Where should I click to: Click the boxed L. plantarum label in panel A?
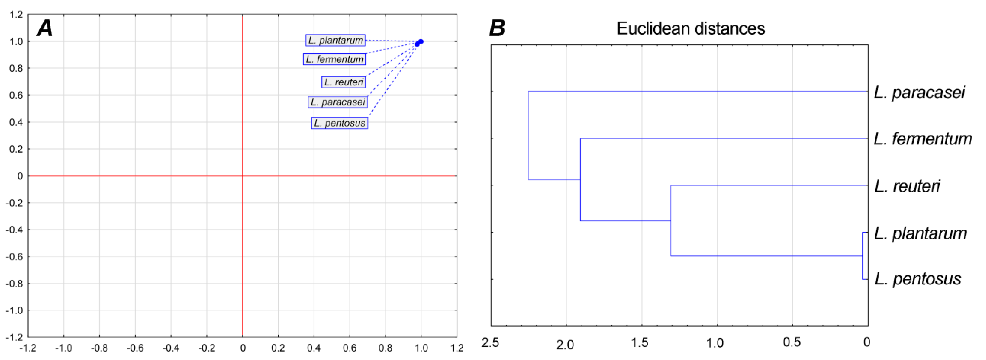point(335,40)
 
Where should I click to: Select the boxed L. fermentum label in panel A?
point(335,59)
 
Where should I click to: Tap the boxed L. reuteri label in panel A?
point(343,82)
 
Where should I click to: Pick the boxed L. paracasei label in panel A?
point(338,102)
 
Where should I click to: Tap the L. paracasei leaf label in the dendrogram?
point(919,93)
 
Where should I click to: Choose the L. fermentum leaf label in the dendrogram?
point(922,139)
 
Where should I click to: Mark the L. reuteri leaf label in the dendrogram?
point(907,186)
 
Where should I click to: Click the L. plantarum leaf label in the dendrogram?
point(920,233)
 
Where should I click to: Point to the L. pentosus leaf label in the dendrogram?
point(917,279)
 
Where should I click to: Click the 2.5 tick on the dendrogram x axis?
point(490,343)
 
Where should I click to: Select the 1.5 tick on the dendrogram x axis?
point(640,343)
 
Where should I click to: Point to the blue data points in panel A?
point(419,42)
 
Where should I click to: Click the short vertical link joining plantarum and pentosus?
point(862,256)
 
